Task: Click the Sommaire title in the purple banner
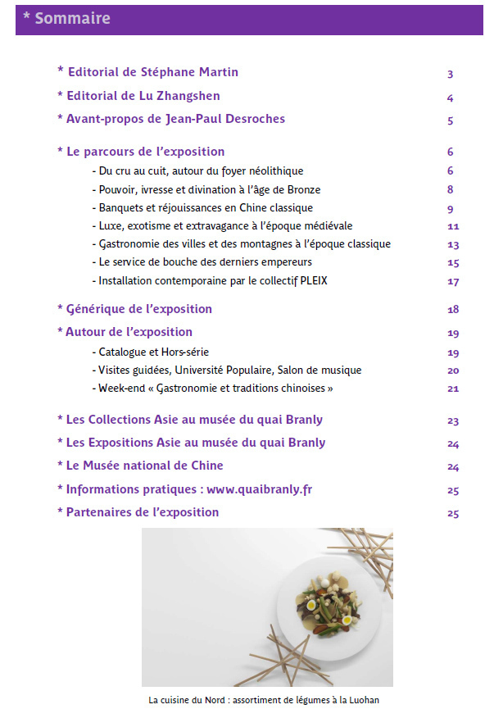click(66, 18)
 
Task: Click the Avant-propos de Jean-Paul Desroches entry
click(171, 119)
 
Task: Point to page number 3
click(450, 75)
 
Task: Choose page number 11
click(453, 226)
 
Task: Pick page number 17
click(453, 282)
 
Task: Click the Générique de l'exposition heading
click(134, 309)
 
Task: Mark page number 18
click(453, 310)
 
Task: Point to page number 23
click(453, 421)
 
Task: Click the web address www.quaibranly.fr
click(259, 489)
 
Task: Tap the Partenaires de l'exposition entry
click(138, 512)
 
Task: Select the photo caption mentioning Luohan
click(265, 700)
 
